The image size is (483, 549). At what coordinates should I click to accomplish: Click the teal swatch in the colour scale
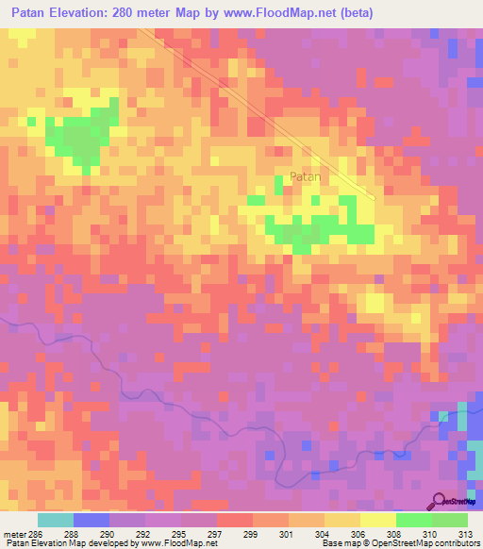coord(55,520)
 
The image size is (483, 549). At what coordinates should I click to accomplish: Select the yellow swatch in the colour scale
coord(377,520)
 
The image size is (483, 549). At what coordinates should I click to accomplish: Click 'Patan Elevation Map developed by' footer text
coord(71,543)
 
